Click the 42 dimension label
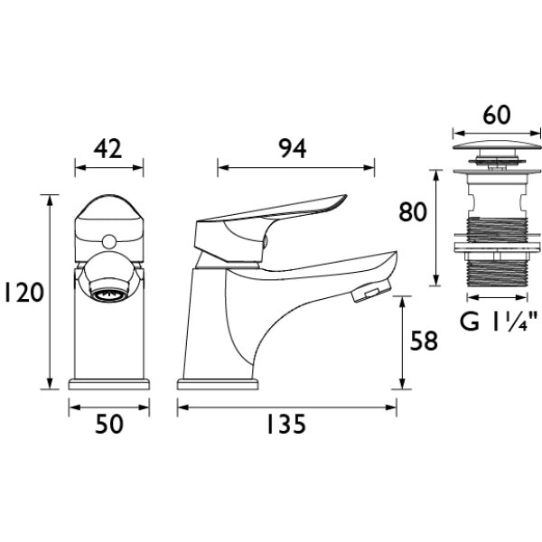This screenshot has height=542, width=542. pos(108,149)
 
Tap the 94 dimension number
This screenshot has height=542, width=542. pos(293,149)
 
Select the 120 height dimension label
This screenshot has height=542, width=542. pos(23,293)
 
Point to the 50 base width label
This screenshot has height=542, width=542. pos(109,425)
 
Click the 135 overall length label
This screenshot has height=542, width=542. pos(286,425)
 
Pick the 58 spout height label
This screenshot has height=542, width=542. pos(424,341)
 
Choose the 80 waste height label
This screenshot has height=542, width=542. pos(413,212)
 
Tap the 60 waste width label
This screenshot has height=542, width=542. pos(496,115)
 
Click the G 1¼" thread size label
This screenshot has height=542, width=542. pos(499,322)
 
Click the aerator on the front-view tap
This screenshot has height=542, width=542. pos(109,294)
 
